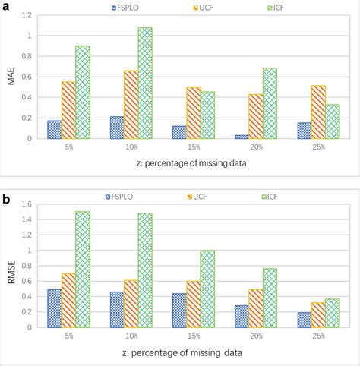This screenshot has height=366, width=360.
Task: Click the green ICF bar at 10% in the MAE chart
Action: (144, 84)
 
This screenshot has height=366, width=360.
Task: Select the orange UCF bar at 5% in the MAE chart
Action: (68, 110)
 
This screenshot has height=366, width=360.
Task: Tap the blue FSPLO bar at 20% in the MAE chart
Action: (242, 137)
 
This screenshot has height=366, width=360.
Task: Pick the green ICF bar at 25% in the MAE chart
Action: (331, 121)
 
